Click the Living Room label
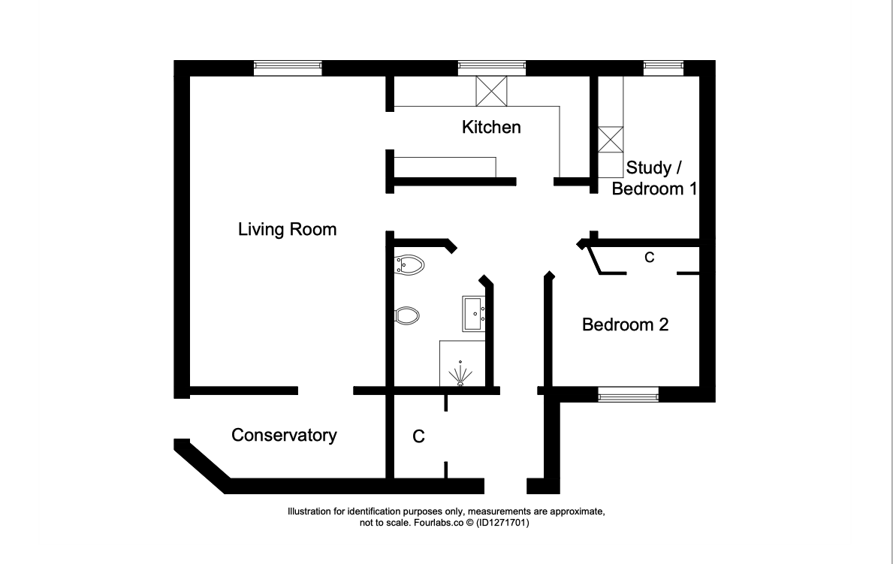coord(287,229)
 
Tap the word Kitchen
coord(491,126)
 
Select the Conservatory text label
coord(284,435)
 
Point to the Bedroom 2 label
coord(625,324)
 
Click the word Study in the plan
coord(648,167)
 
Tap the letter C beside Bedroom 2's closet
coord(649,258)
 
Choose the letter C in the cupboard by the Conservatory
coord(418,436)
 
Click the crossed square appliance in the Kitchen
coord(491,91)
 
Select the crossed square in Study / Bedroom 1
coord(611,140)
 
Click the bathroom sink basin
coord(473,313)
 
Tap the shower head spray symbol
coord(460,374)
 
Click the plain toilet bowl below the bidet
coord(406,315)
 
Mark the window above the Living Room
coord(288,68)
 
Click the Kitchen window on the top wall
coord(492,68)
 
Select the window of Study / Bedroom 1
coord(663,68)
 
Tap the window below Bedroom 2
coord(628,394)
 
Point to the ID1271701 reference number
coord(503,523)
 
